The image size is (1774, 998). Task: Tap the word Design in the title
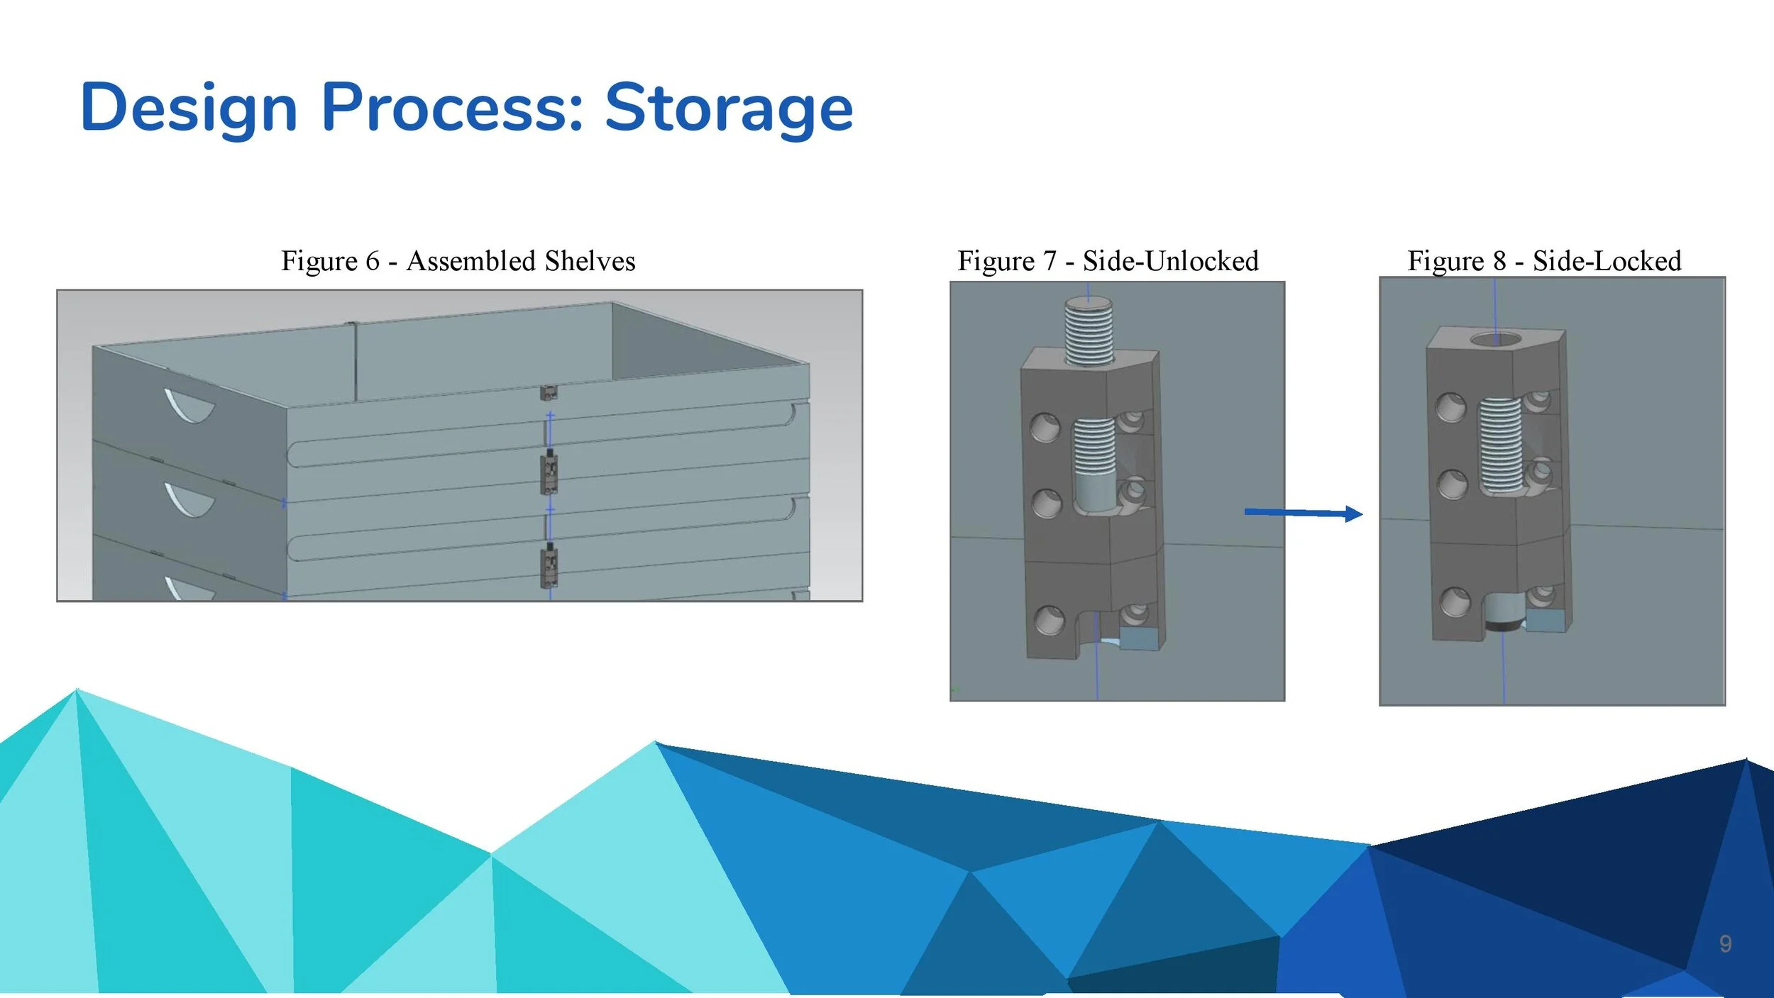pyautogui.click(x=189, y=108)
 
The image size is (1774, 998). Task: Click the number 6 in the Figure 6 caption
pyautogui.click(x=373, y=261)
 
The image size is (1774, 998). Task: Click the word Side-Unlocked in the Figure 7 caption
pyautogui.click(x=1170, y=261)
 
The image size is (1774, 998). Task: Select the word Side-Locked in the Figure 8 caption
pyautogui.click(x=1607, y=261)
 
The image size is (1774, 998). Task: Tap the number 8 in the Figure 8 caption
pyautogui.click(x=1499, y=261)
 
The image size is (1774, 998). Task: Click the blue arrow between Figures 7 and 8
pyautogui.click(x=1303, y=513)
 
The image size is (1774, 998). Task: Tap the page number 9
pyautogui.click(x=1725, y=943)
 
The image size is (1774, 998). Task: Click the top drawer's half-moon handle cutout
pyautogui.click(x=189, y=405)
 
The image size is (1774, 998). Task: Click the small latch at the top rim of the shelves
pyautogui.click(x=548, y=392)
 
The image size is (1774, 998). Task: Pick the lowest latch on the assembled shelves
pyautogui.click(x=549, y=565)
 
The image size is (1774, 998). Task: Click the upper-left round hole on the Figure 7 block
pyautogui.click(x=1045, y=428)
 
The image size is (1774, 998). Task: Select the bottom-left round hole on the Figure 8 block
pyautogui.click(x=1455, y=602)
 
